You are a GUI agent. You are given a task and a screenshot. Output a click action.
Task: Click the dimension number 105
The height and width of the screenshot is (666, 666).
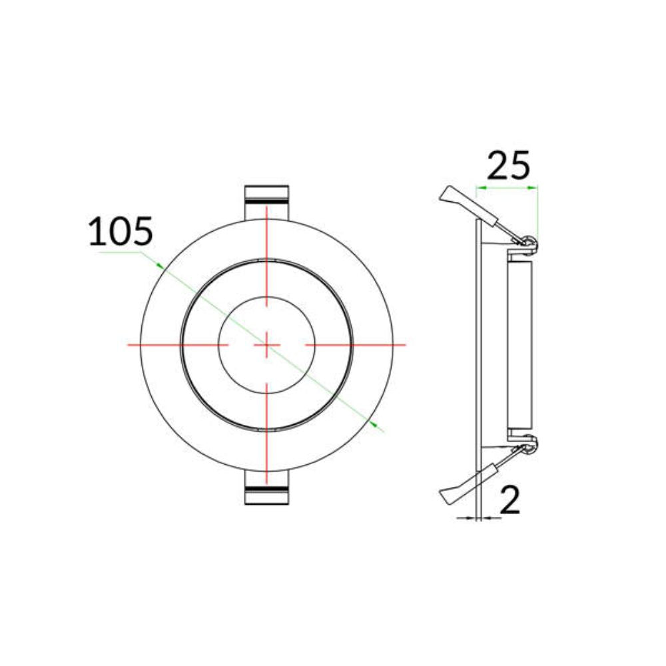click(121, 232)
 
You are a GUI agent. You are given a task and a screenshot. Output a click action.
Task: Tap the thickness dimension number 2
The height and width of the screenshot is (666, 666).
click(509, 500)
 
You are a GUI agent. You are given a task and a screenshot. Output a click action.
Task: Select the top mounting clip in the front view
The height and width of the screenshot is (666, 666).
click(266, 200)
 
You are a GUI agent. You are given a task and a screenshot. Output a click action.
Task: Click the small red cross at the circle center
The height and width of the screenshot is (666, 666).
click(266, 345)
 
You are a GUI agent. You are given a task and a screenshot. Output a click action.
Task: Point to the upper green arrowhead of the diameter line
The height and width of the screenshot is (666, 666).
click(160, 266)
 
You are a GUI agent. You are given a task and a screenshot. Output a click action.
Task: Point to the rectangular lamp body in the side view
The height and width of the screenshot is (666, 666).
click(520, 345)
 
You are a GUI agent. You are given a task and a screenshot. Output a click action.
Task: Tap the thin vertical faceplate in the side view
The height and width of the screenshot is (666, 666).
click(478, 345)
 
